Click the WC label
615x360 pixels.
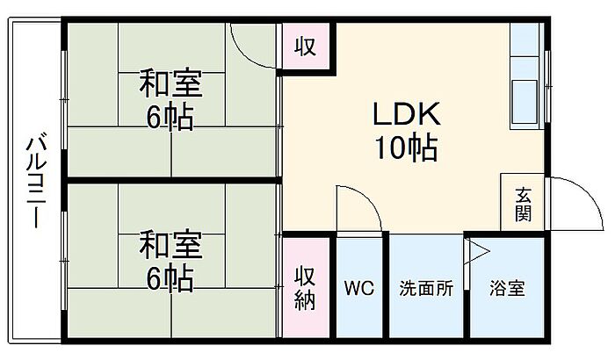(359, 288)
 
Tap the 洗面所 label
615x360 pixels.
(426, 288)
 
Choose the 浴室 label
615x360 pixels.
(507, 288)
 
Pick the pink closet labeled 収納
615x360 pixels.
(305, 288)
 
